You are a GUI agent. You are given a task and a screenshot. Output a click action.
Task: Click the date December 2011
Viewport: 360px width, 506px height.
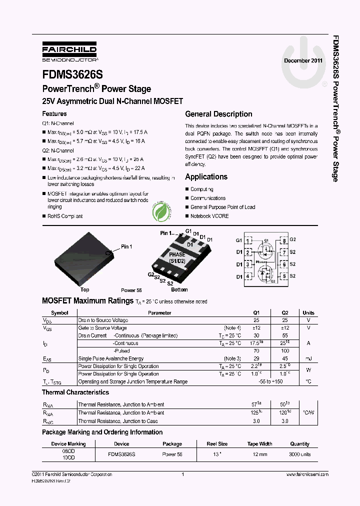click(303, 60)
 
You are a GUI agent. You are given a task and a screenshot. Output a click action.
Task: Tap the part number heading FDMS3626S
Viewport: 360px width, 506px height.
click(72, 74)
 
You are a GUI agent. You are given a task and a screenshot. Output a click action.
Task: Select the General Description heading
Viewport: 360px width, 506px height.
click(218, 114)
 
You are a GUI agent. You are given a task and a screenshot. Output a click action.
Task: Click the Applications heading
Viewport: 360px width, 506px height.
click(206, 177)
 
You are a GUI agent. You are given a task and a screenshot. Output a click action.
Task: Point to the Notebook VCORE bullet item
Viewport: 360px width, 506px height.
click(209, 216)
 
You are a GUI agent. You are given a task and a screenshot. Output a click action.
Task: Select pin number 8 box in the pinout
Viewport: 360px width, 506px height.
click(284, 240)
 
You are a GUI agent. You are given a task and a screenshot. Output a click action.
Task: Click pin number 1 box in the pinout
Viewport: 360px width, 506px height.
click(248, 240)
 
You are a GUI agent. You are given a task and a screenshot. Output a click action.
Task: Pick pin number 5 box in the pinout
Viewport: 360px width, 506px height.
click(284, 276)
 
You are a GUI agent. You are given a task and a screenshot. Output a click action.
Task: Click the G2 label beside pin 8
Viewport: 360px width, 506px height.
click(293, 240)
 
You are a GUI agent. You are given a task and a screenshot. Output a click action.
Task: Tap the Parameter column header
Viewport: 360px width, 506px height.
click(159, 312)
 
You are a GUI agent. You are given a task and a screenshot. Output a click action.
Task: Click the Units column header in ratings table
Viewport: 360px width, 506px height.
click(308, 312)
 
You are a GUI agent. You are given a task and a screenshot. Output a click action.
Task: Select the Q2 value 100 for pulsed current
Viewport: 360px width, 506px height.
click(285, 351)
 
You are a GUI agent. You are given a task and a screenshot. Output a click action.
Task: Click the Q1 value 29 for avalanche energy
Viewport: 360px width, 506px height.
click(256, 358)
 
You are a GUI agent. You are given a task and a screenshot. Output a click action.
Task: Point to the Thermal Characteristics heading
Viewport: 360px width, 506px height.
click(75, 392)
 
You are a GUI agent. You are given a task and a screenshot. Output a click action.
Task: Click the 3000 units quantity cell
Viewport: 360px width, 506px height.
click(300, 454)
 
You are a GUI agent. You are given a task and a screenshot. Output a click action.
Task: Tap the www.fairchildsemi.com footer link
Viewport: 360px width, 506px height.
click(307, 474)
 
